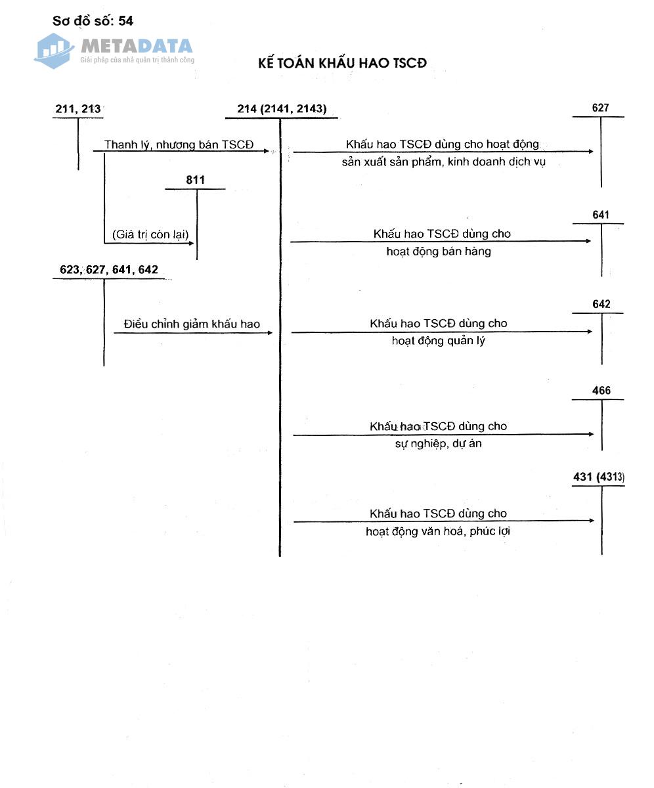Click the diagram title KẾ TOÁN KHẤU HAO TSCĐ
[342, 63]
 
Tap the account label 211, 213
[78, 109]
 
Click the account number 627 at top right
[600, 108]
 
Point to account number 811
[196, 180]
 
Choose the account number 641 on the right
[600, 215]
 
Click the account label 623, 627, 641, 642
[109, 270]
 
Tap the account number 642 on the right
[601, 304]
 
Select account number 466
[601, 391]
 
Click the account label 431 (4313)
[598, 477]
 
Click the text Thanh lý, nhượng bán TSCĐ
[179, 145]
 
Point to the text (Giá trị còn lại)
[150, 234]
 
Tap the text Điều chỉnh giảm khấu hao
[192, 324]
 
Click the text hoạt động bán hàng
[439, 251]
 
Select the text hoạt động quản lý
[439, 341]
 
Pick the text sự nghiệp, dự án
[439, 444]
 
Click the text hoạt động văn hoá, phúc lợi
[438, 531]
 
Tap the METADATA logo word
[137, 46]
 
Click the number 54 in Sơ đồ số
[125, 21]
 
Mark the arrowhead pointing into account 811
[192, 243]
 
